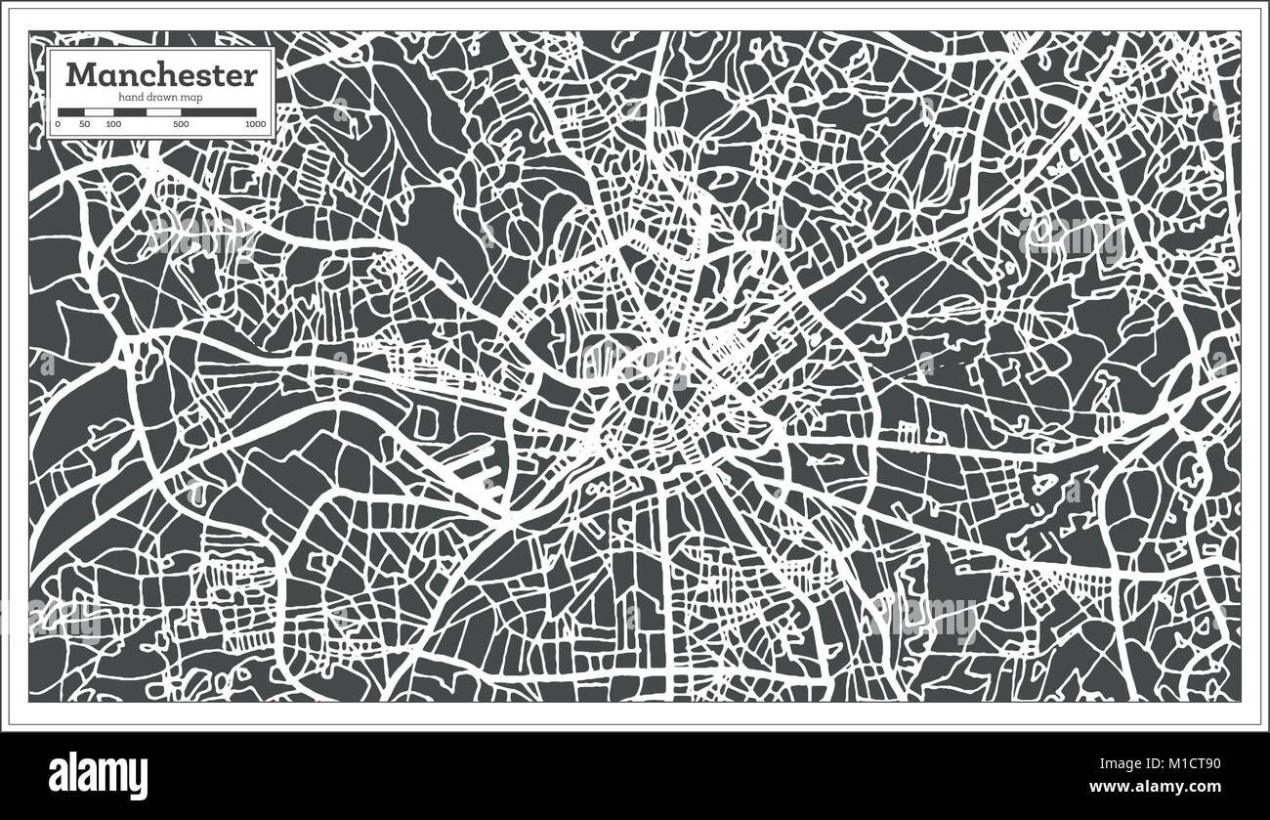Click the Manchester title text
161,75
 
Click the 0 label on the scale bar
59,125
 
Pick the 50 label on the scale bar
85,125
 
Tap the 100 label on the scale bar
113,125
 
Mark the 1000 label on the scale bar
255,125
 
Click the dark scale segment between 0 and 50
71,112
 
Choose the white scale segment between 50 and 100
99,112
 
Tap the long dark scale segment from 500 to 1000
219,112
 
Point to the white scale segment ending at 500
163,112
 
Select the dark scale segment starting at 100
129,112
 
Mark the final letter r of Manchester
251,77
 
